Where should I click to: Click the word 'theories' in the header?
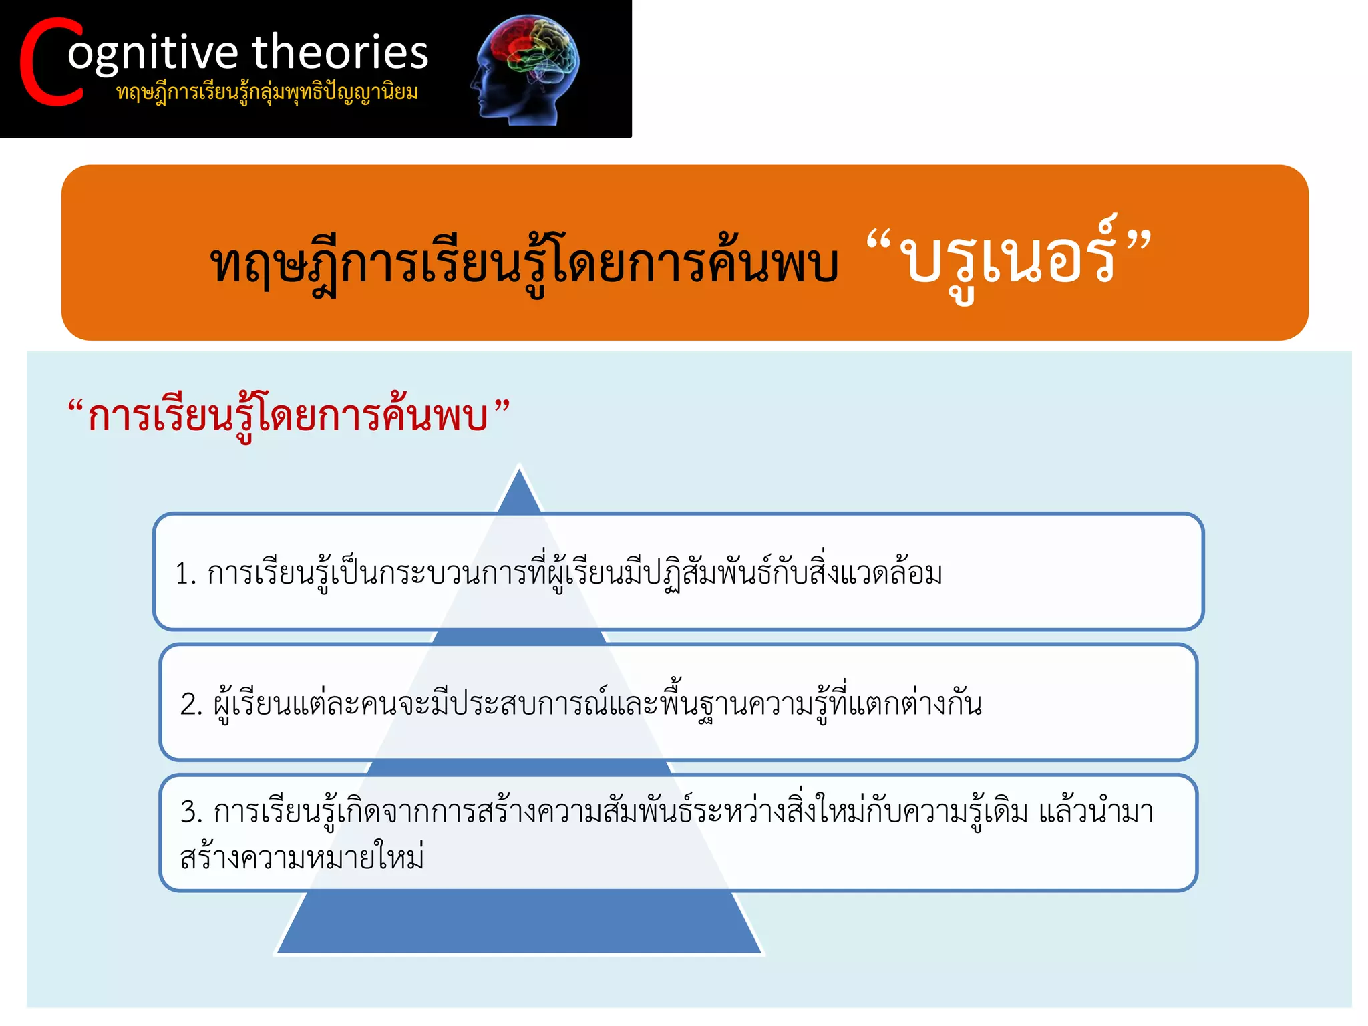(x=340, y=52)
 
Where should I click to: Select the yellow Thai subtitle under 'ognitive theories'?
(x=267, y=92)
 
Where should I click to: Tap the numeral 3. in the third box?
(x=191, y=812)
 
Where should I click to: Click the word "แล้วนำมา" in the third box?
(x=1095, y=812)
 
